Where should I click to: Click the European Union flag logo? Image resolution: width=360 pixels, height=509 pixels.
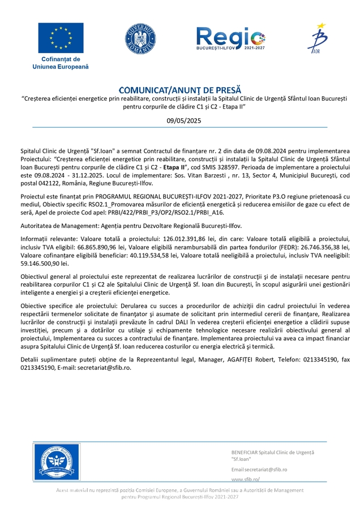pos(61,38)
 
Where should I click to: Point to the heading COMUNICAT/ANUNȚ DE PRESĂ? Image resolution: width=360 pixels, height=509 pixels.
pos(179,90)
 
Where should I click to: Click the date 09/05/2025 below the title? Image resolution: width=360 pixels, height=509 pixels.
pos(179,120)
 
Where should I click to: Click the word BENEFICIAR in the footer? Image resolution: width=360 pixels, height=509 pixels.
pos(245,452)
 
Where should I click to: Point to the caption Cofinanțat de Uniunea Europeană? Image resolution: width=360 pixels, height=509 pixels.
pos(61,63)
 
